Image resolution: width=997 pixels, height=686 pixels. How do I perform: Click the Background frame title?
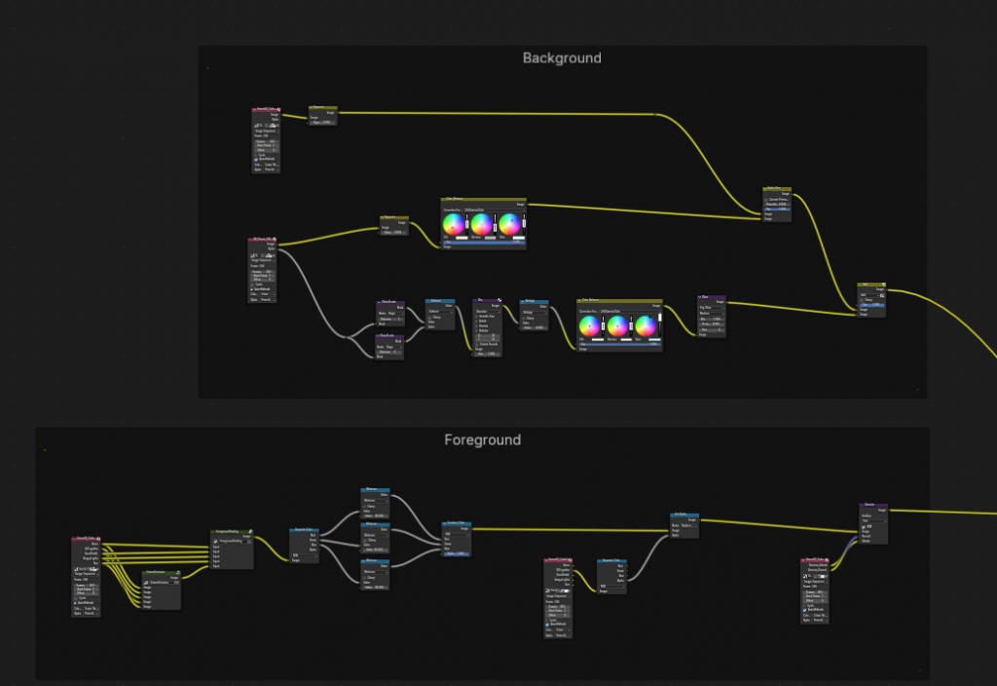562,58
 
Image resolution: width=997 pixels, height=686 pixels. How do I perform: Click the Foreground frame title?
482,440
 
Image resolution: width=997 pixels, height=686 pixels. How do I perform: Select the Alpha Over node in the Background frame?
777,191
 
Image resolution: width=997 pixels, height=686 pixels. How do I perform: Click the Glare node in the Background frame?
711,298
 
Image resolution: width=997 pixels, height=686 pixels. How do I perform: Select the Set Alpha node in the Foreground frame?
685,515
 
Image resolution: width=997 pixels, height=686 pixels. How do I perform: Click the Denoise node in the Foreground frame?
873,507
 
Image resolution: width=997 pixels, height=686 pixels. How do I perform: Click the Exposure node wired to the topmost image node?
323,108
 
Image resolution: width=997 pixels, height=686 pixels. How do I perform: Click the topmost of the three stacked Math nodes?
375,491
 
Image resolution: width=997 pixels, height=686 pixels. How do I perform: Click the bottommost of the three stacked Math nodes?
375,562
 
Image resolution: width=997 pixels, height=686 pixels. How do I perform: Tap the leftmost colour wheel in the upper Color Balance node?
454,224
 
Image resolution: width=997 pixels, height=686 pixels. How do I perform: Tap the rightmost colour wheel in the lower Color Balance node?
645,326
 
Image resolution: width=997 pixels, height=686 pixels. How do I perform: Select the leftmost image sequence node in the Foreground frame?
90,539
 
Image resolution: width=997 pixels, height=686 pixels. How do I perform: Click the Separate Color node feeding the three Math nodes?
304,531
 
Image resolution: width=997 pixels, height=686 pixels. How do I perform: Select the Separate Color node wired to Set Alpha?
609,563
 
